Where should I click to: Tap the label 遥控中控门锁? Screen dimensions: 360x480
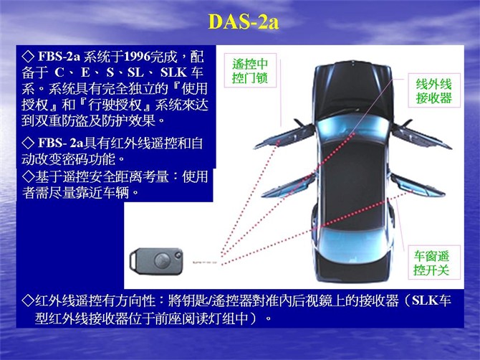pos(249,70)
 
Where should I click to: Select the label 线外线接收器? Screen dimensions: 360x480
pos(434,90)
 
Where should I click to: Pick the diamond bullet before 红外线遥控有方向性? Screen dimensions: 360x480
pos(29,298)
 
